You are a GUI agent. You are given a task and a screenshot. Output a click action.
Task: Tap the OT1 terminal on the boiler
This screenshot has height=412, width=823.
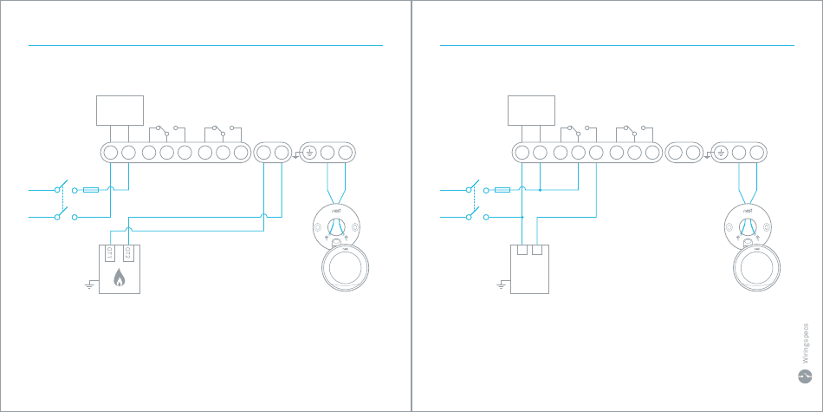110,254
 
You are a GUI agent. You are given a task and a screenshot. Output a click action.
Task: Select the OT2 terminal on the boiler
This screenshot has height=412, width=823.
128,254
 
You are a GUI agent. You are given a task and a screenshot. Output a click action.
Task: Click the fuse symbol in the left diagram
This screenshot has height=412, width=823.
91,189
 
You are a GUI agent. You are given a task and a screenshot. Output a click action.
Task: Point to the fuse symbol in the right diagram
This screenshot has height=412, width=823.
502,189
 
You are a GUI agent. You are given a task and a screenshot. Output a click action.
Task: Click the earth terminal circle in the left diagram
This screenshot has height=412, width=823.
308,153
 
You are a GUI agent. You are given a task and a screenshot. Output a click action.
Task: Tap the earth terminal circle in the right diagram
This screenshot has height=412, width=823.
720,153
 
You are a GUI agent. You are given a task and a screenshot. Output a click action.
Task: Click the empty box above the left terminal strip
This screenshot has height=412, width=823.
119,110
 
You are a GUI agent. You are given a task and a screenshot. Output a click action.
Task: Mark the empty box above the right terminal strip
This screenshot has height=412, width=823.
530,110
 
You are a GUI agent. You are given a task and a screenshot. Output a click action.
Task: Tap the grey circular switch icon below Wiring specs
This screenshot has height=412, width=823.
804,376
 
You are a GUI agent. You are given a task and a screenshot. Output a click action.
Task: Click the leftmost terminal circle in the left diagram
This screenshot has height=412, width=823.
110,153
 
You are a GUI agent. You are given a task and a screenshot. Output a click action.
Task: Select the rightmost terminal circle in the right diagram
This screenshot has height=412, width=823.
757,153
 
